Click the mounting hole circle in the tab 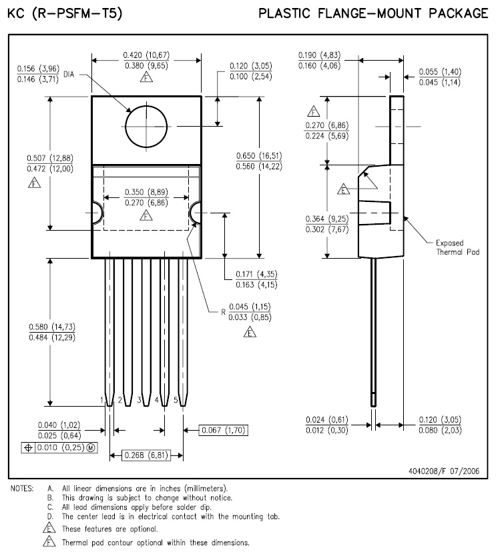click(x=146, y=125)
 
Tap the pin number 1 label click(x=103, y=400)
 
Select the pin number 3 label click(x=139, y=400)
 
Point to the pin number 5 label click(x=176, y=400)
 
